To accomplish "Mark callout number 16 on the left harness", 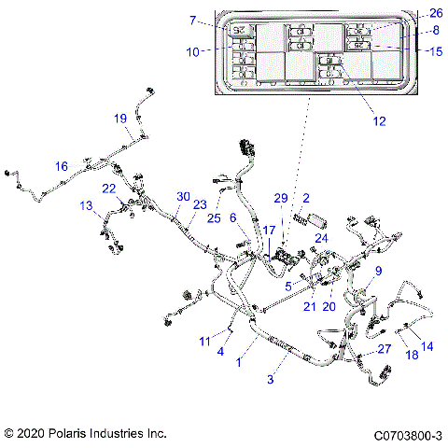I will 62,166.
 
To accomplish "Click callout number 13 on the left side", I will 86,204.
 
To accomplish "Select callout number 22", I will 109,189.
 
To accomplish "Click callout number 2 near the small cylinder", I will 305,199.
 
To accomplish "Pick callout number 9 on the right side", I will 378,271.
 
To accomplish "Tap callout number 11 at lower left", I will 204,342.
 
